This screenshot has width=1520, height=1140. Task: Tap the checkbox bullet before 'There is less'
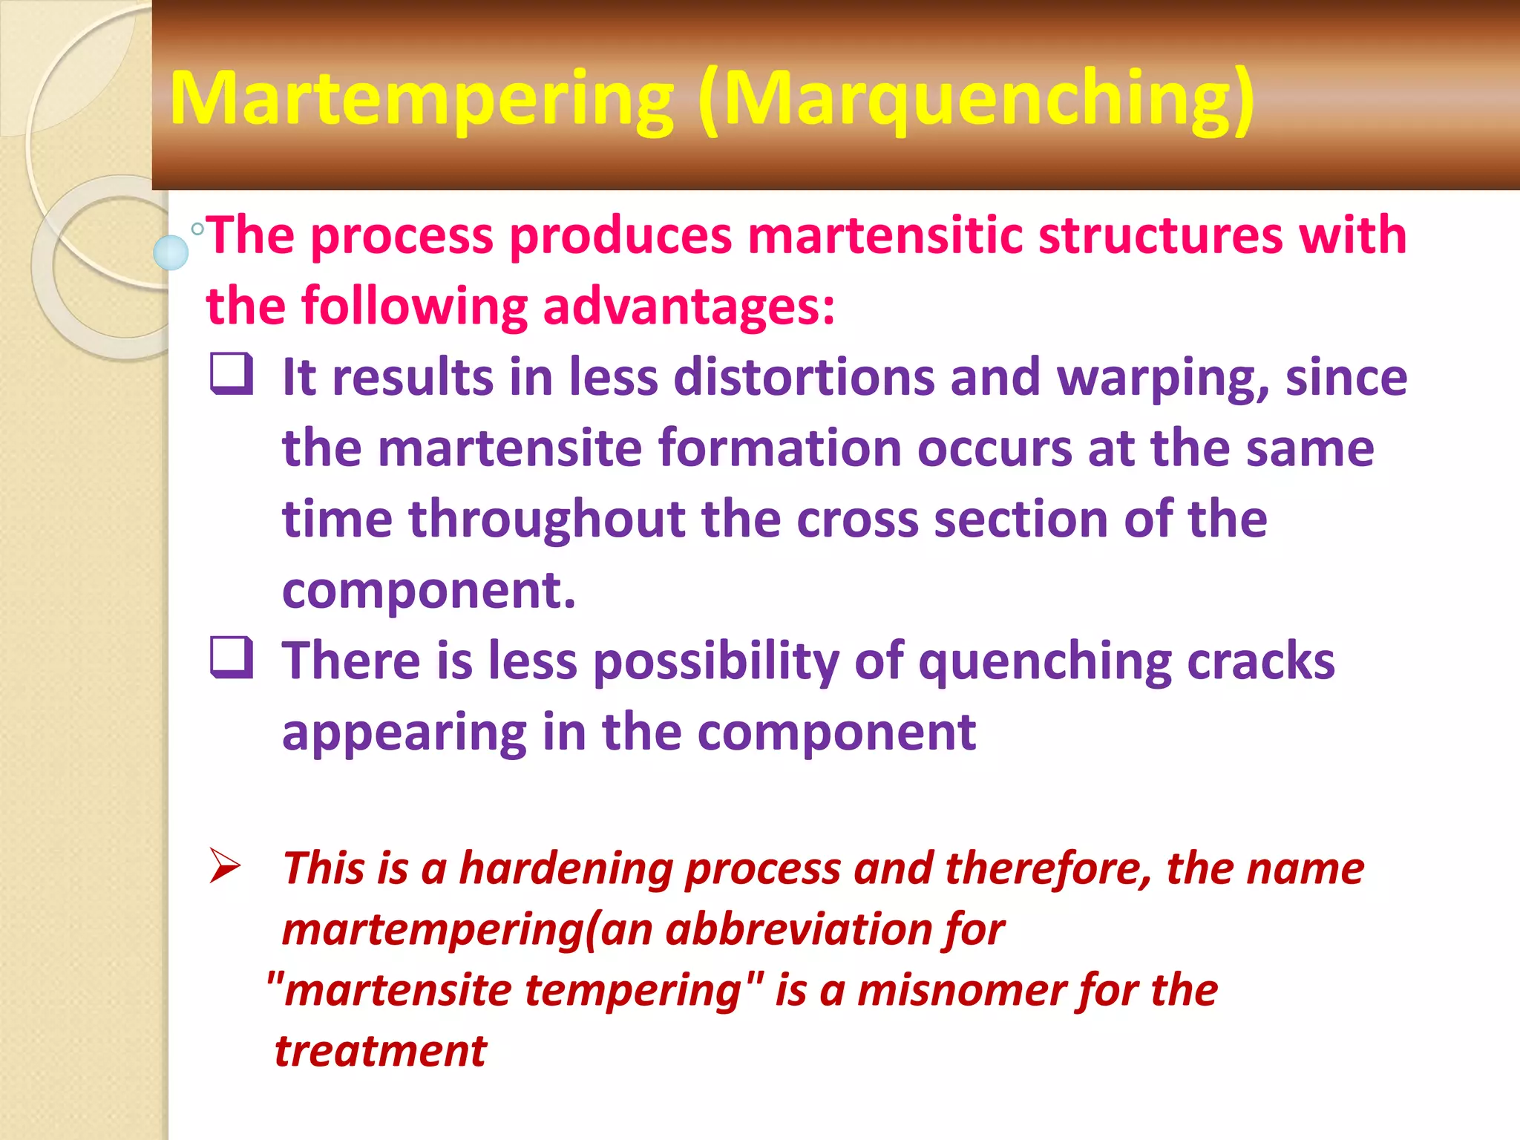pos(231,658)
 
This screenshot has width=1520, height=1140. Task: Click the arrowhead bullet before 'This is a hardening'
pos(224,865)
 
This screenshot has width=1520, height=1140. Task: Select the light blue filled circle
pos(171,252)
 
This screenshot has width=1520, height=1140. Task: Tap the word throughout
pos(547,520)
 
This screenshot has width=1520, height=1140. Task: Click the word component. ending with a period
pos(429,592)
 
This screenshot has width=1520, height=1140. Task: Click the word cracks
pos(1260,661)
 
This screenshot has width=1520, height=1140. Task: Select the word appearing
pos(404,733)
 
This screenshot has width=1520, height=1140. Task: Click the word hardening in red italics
pos(566,868)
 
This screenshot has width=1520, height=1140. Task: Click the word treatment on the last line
pos(381,1052)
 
